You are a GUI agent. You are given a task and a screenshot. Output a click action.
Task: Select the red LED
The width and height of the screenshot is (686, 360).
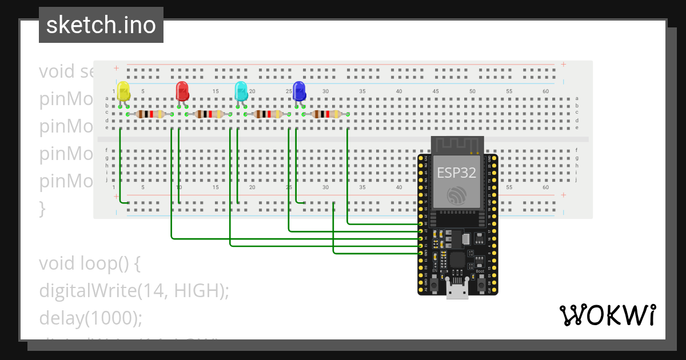pos(182,90)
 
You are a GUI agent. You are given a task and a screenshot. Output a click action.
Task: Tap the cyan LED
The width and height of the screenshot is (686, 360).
pos(241,90)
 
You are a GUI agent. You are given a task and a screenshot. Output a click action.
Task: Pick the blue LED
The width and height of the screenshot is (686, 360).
pos(299,90)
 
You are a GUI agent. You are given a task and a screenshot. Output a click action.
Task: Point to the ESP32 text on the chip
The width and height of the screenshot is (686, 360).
pos(456,173)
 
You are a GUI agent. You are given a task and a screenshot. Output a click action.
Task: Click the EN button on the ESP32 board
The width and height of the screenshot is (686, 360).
pos(434,283)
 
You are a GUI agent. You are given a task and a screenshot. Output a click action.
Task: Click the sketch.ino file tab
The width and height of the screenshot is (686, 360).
pos(101,25)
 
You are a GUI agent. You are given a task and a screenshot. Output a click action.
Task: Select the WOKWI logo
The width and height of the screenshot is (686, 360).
pos(607,315)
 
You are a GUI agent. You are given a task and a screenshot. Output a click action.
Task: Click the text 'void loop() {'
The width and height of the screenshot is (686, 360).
pos(89,264)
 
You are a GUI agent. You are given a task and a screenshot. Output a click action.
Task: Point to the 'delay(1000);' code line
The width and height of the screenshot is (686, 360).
pos(90,318)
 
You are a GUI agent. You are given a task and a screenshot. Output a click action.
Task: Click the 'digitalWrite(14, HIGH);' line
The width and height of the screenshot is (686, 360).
pos(134,291)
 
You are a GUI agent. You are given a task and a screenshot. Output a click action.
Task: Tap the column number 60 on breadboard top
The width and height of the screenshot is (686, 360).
pos(545,91)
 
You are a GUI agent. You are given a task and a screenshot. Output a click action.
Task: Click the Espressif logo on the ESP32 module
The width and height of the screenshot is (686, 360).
pos(457,195)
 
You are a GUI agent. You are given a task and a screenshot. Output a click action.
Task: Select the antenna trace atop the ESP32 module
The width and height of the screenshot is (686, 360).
pos(457,146)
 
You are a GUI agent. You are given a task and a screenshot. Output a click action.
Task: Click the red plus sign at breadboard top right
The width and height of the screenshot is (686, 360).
pos(563,65)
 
